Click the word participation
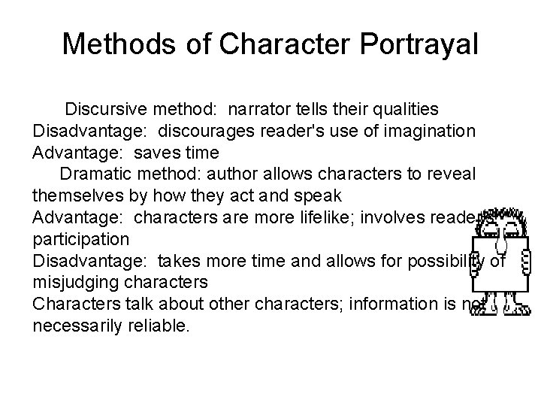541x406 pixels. coord(80,240)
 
